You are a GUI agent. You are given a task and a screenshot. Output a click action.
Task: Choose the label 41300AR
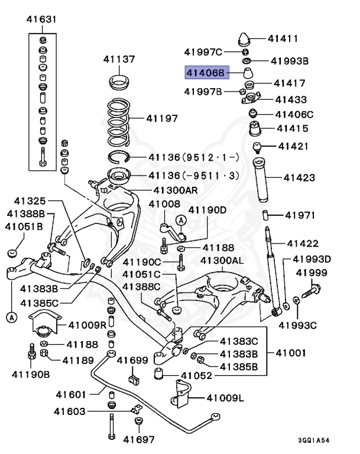[176, 190]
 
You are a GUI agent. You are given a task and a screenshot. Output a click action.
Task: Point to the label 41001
[290, 354]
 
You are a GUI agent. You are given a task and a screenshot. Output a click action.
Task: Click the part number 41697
[138, 439]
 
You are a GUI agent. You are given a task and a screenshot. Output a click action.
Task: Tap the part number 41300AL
[222, 261]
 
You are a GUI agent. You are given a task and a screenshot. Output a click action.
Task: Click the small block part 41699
[133, 377]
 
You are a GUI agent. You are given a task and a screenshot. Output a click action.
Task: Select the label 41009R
[87, 325]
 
